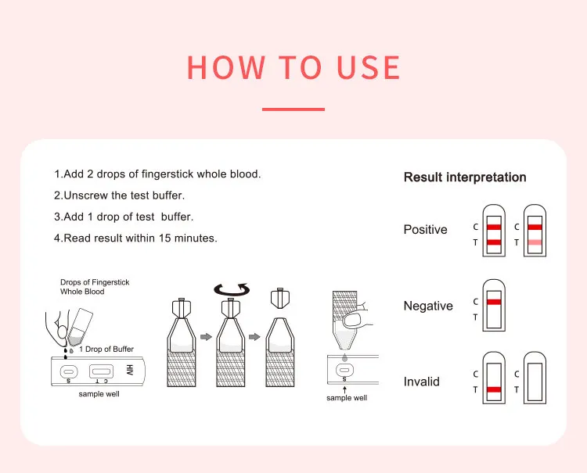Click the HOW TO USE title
pyautogui.click(x=293, y=68)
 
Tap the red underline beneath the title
pyautogui.click(x=293, y=109)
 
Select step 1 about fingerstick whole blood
pyautogui.click(x=157, y=174)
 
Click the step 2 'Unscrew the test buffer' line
pyautogui.click(x=119, y=195)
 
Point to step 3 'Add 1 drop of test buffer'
pyautogui.click(x=124, y=217)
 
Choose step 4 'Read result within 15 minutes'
pyautogui.click(x=135, y=238)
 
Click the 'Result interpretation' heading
pyautogui.click(x=465, y=177)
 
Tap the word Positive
pyautogui.click(x=425, y=230)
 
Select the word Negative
pyautogui.click(x=428, y=306)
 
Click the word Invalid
pyautogui.click(x=421, y=382)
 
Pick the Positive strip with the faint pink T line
pyautogui.click(x=535, y=231)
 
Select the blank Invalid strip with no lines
pyautogui.click(x=535, y=382)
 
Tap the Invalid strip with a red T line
pyautogui.click(x=494, y=382)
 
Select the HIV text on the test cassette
pyautogui.click(x=130, y=370)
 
